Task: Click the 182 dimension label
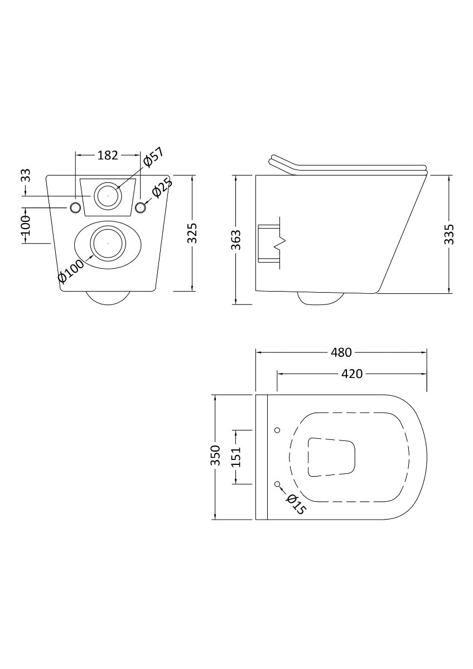(108, 156)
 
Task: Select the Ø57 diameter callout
(153, 157)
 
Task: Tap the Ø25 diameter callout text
(162, 187)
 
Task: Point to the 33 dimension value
(26, 175)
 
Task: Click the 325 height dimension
(192, 233)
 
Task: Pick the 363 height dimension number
(236, 240)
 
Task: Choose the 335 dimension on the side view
(449, 234)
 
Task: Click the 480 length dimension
(341, 352)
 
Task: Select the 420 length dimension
(352, 374)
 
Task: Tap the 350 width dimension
(215, 455)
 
